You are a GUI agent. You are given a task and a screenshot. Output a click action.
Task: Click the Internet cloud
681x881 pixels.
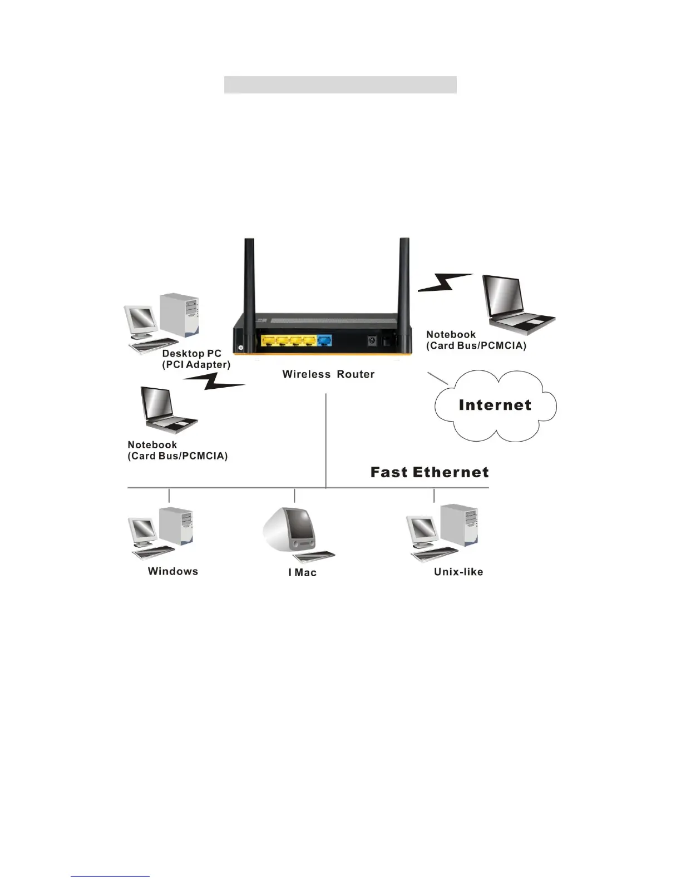[495, 405]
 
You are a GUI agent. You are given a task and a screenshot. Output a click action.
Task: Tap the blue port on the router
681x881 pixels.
[324, 340]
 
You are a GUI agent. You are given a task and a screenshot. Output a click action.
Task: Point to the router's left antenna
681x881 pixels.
[249, 278]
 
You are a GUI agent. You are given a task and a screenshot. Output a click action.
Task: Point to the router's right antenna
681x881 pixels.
[404, 278]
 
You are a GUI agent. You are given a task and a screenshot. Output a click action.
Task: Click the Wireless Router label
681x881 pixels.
[328, 374]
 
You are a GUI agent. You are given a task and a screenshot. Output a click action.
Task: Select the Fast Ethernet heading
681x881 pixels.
[430, 472]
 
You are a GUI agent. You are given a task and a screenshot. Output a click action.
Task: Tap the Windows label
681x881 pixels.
[173, 571]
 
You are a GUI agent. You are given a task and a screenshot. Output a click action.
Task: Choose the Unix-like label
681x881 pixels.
[458, 572]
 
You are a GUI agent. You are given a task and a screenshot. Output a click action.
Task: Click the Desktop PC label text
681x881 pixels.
[192, 354]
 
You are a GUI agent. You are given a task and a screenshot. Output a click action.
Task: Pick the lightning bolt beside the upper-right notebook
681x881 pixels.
[445, 282]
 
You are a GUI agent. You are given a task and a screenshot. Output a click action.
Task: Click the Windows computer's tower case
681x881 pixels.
[175, 526]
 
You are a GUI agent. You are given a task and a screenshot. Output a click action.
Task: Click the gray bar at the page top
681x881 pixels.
[340, 85]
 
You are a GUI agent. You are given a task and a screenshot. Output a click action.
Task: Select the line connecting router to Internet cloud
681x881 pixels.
[438, 378]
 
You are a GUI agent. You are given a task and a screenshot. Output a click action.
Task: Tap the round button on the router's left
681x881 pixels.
[241, 348]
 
